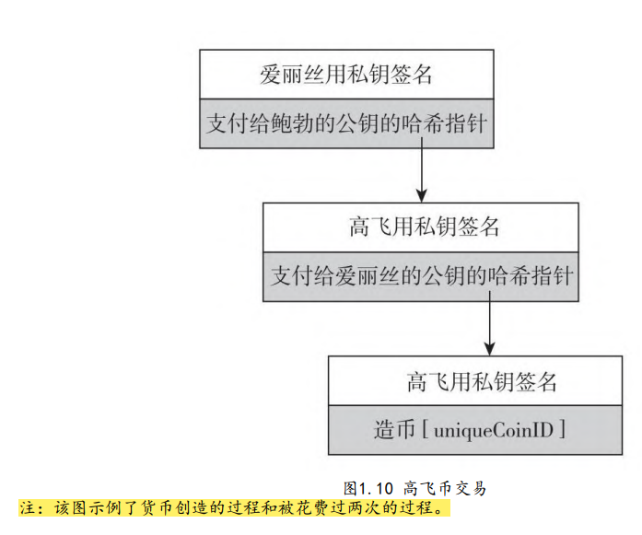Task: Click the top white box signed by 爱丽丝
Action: [346, 75]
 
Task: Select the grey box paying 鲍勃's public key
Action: [346, 123]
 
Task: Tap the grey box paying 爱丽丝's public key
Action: [421, 275]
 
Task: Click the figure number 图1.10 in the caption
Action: [368, 488]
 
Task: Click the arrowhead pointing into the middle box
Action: [422, 195]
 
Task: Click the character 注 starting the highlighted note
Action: [26, 507]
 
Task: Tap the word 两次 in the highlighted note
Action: [372, 507]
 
